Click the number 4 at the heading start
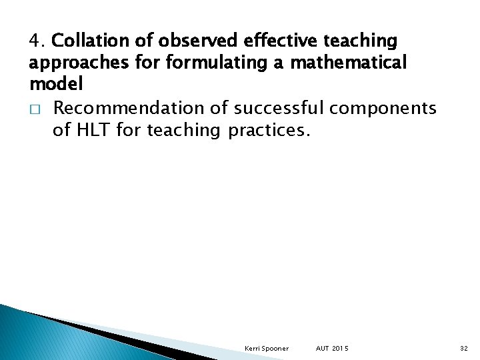tap(35, 41)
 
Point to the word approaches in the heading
tap(69, 63)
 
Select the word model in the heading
tap(56, 85)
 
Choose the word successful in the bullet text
tap(283, 107)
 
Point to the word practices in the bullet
tap(269, 129)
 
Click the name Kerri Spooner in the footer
tap(266, 349)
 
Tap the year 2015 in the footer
tap(341, 349)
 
